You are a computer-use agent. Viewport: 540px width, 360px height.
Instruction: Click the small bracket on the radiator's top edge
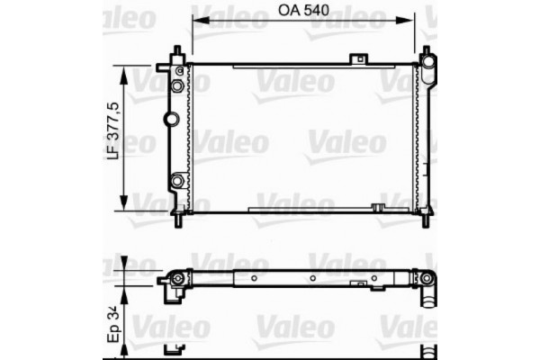pos(361,60)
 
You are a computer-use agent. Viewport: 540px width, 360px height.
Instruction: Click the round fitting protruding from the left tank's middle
pos(168,120)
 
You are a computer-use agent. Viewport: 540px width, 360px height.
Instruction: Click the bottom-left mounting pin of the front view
pos(181,219)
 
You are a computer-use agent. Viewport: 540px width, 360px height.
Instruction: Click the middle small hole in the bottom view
pos(311,279)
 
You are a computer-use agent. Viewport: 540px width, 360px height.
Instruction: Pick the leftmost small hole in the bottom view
pos(237,279)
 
